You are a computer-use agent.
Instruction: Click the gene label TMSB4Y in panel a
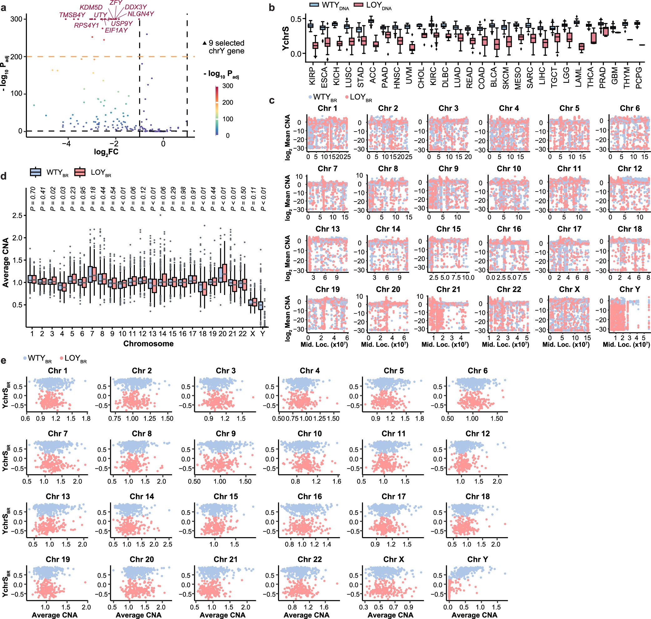coord(72,15)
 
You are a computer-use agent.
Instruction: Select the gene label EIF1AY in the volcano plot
coord(116,30)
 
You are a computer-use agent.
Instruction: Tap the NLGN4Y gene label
coord(141,14)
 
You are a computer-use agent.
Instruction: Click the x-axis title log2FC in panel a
coord(106,152)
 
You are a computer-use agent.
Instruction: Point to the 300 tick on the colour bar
coord(227,86)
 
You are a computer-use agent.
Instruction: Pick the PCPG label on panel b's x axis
coord(638,78)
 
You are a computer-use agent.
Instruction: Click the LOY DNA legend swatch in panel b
coord(359,5)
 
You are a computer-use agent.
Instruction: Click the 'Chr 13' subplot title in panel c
coord(327,229)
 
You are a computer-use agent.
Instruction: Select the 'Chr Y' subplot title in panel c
coord(629,289)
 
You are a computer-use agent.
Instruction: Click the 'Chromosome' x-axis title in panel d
coord(148,343)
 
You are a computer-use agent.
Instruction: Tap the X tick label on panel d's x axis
coord(252,334)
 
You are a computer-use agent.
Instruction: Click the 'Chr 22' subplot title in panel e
coord(309,559)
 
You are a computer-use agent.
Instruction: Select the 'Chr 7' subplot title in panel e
coord(58,434)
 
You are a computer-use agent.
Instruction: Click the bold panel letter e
coord(4,361)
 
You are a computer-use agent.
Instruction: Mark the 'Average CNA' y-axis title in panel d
coord(5,262)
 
